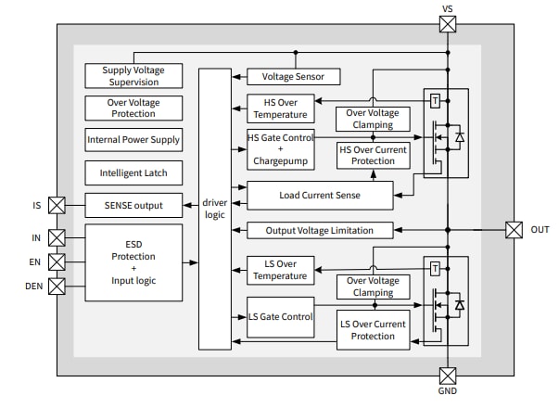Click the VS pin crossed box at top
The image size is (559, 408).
point(447,23)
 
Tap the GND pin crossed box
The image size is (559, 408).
point(447,376)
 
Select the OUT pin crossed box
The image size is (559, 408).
point(514,229)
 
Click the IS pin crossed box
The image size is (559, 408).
point(57,205)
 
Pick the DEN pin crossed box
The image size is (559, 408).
point(57,287)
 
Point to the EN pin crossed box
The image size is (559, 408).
point(57,262)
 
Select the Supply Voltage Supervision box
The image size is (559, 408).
point(133,76)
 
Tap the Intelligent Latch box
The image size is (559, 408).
point(133,172)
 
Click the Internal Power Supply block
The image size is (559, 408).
point(133,140)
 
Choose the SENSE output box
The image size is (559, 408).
point(133,205)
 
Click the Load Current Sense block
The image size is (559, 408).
point(320,196)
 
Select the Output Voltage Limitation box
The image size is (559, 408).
point(320,230)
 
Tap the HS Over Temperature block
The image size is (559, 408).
point(279,108)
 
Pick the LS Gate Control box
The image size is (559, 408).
point(279,317)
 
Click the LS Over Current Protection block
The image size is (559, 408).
point(372,329)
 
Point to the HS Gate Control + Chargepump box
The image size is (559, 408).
point(279,150)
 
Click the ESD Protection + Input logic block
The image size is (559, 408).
point(133,262)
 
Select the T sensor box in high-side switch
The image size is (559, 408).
point(435,100)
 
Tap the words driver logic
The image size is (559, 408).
point(215,209)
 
